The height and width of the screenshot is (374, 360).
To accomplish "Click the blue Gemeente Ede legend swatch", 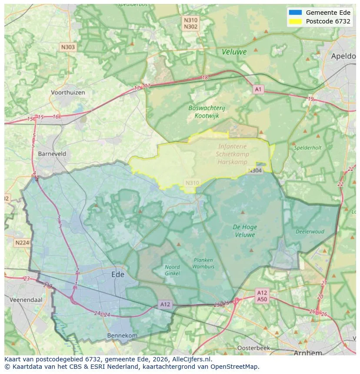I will click(295, 13).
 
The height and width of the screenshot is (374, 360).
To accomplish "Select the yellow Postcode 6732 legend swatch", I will click(295, 21).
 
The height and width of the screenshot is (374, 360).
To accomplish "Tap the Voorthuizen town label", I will click(68, 93).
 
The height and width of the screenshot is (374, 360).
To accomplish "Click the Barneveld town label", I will click(52, 154).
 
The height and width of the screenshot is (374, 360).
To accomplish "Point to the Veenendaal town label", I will click(24, 300).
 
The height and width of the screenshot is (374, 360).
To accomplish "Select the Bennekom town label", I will click(122, 336).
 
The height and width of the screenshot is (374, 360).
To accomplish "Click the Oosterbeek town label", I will click(253, 348).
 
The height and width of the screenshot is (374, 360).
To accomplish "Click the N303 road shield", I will click(68, 47).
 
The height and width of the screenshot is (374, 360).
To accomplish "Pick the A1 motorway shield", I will click(259, 89).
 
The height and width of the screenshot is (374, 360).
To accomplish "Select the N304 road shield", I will click(255, 171).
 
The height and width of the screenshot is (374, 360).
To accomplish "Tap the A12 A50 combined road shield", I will click(262, 296).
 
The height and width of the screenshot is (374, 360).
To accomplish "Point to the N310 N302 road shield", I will click(190, 23).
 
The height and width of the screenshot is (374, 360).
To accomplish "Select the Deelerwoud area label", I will click(310, 232).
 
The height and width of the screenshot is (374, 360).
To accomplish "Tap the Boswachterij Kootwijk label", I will click(207, 112).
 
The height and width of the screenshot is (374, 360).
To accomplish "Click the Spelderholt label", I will click(307, 148).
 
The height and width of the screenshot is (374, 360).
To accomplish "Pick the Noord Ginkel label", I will click(173, 270).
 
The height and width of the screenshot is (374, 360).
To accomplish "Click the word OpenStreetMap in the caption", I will click(235, 367).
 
